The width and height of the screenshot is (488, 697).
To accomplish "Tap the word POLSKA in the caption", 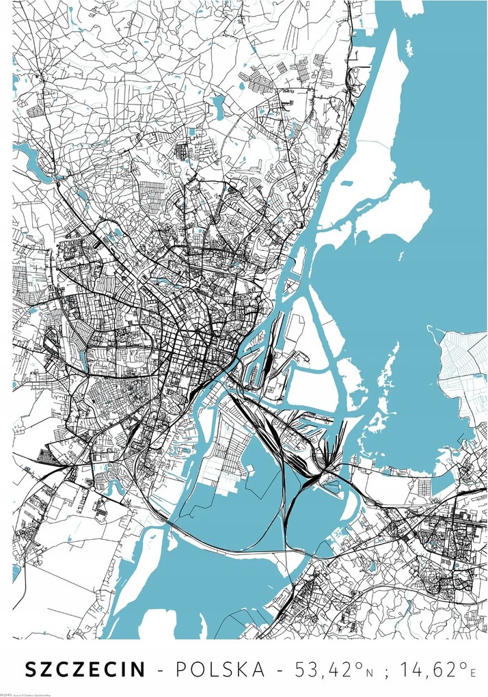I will click(x=218, y=670).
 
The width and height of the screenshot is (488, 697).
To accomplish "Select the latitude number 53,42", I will click(x=315, y=669).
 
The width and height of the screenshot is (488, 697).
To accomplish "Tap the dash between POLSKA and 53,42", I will click(x=276, y=670).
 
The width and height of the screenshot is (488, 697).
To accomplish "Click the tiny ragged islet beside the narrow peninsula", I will click(x=409, y=49).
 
